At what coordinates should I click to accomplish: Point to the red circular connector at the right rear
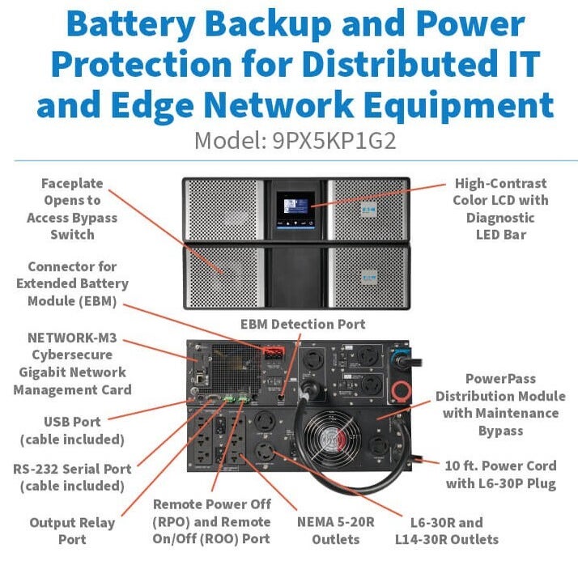tap(399, 390)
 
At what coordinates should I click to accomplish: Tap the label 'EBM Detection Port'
tap(303, 325)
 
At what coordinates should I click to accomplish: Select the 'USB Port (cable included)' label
tap(72, 431)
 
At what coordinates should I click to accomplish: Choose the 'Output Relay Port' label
tap(72, 531)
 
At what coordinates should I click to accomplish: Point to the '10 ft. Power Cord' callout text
tap(501, 474)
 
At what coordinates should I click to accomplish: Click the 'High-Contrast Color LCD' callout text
tap(500, 209)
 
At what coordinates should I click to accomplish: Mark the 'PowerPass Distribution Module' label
tap(500, 404)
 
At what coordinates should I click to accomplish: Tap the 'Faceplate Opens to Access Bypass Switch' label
tap(72, 209)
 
